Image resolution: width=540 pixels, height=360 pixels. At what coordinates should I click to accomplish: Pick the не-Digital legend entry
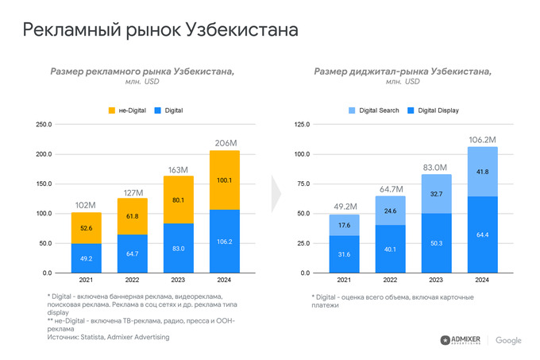pos(130,110)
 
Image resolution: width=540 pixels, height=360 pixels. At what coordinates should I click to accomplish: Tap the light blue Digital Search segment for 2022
pos(389,211)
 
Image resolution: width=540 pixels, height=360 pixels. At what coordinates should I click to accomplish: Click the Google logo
pos(508,340)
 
